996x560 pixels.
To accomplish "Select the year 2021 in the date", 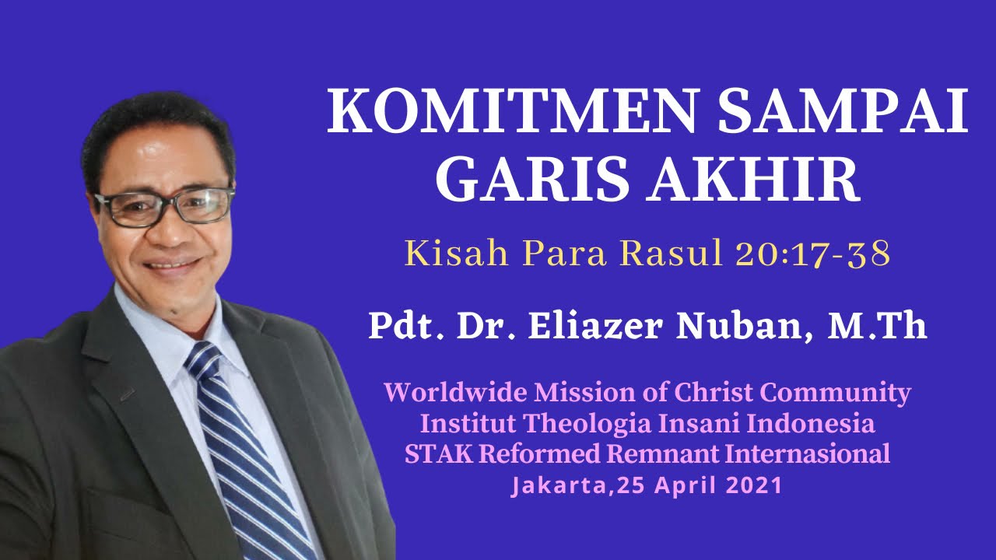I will (753, 486).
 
